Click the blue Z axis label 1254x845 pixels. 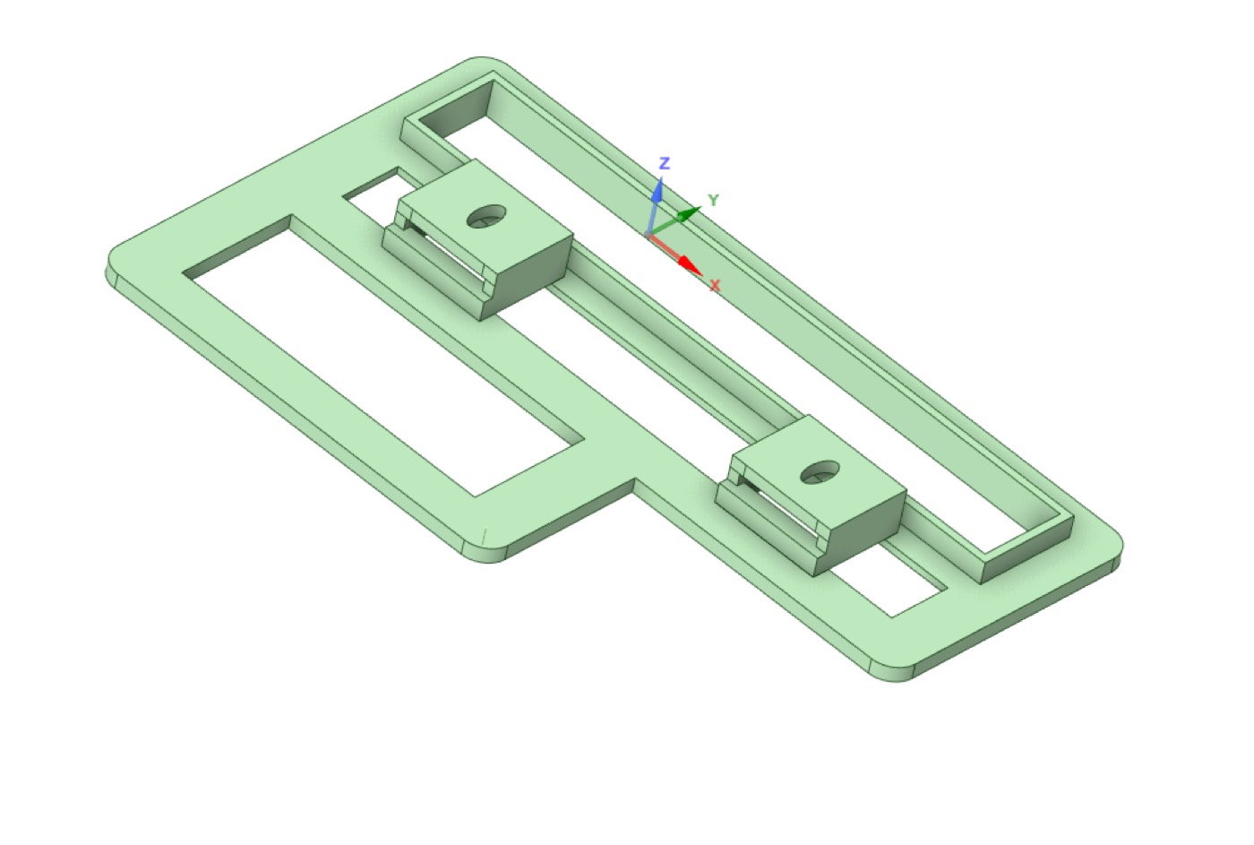(665, 163)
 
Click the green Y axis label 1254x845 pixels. (713, 200)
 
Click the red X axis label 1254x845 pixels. (715, 286)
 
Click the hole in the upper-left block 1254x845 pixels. (485, 216)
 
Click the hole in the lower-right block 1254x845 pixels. (820, 472)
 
